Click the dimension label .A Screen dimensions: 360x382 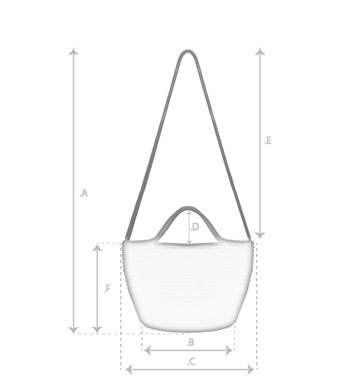(83, 193)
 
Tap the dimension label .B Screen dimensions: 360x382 (190, 342)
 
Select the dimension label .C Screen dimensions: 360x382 (191, 362)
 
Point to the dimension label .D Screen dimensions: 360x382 (194, 227)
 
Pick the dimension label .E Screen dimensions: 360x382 (268, 141)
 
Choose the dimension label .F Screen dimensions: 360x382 (107, 288)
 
